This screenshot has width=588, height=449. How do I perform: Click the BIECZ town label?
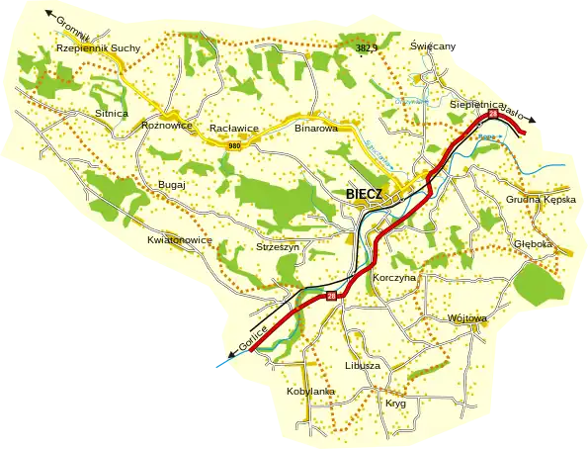click(x=370, y=194)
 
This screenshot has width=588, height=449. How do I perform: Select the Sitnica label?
click(x=111, y=114)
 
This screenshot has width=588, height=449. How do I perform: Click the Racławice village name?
click(x=233, y=129)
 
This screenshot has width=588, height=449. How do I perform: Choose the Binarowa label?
click(x=316, y=128)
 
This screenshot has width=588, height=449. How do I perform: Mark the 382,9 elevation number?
click(x=369, y=47)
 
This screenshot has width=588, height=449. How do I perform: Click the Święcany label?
click(x=432, y=46)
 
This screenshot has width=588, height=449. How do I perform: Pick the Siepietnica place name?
click(x=477, y=103)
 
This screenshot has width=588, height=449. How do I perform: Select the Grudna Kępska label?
click(x=540, y=199)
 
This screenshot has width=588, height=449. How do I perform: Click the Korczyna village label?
click(x=396, y=278)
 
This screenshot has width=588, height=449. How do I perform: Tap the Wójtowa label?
click(x=467, y=318)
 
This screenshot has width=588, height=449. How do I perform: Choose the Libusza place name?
click(x=363, y=365)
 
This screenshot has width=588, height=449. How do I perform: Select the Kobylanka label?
click(x=310, y=392)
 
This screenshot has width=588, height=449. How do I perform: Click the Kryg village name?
click(x=395, y=404)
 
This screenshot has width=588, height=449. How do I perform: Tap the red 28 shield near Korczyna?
click(x=331, y=294)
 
